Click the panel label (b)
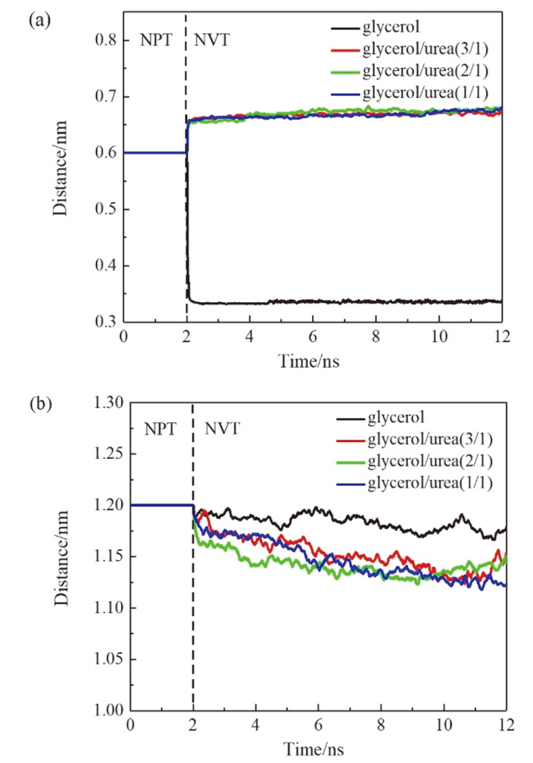tap(39, 403)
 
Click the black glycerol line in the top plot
tap(341, 302)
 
